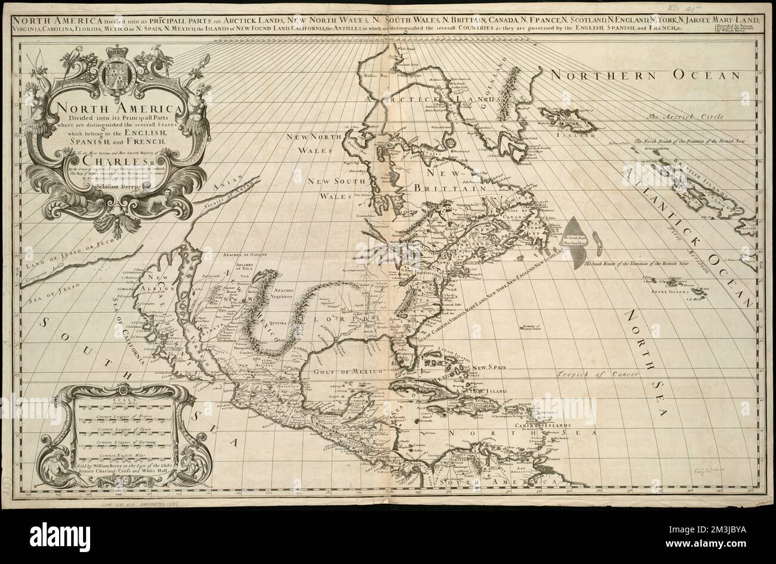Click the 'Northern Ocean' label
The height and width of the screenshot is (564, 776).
pos(644,76)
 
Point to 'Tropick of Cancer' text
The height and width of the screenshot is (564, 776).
pos(595,375)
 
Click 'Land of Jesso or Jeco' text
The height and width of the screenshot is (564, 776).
pos(61,255)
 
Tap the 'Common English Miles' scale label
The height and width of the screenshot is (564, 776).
pos(121,455)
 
